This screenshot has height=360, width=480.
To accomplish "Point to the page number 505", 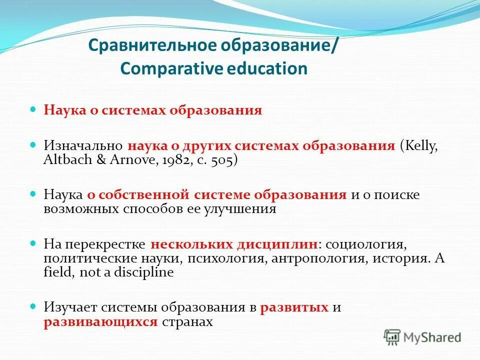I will (x=221, y=160).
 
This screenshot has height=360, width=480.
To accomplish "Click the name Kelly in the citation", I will (x=420, y=146).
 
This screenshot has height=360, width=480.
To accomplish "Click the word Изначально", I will (x=83, y=146).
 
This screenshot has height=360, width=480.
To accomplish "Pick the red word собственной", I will (x=129, y=195).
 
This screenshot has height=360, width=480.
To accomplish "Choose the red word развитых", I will (x=294, y=307).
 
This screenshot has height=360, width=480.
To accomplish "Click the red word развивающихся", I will (x=100, y=322).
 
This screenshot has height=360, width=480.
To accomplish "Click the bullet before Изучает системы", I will (x=34, y=305).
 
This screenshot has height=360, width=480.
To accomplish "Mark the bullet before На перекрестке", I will (x=34, y=242).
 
